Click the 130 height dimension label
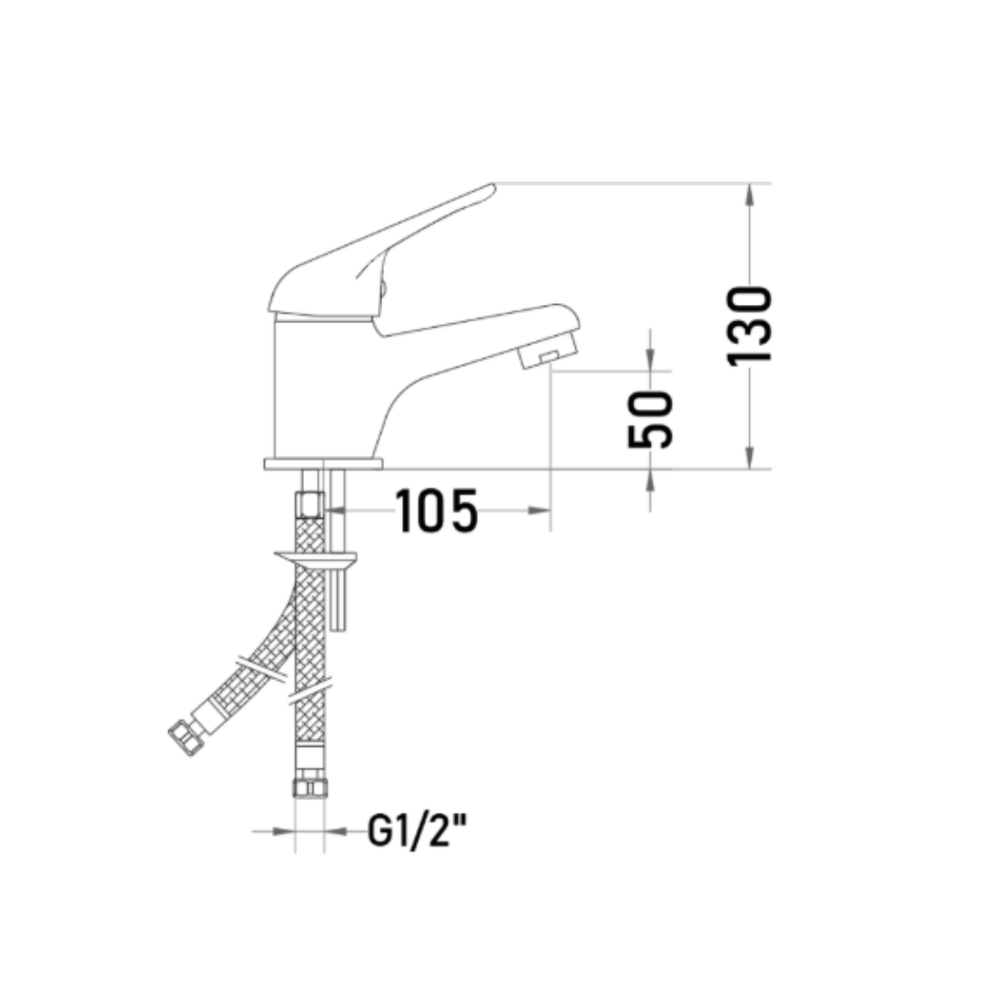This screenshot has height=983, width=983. [x=749, y=325]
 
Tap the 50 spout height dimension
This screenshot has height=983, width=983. [x=650, y=420]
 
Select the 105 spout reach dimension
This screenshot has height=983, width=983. [x=437, y=511]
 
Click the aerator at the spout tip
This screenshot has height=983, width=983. [x=547, y=353]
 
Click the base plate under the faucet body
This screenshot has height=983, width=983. [x=323, y=464]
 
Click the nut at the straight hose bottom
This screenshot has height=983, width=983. [x=309, y=787]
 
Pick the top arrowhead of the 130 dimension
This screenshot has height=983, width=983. [x=749, y=194]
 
